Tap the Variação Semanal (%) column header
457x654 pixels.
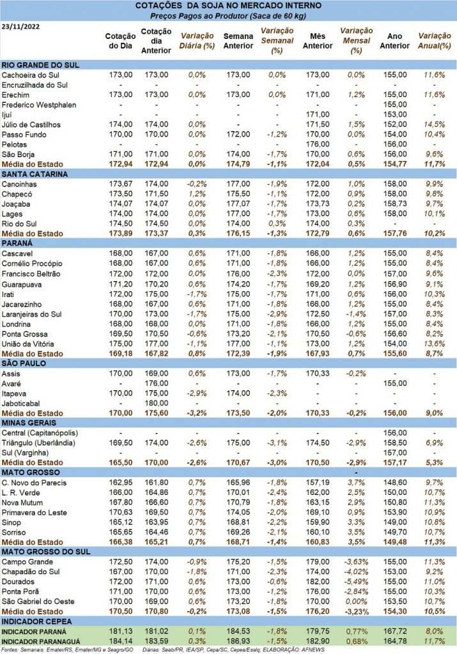coord(276,41)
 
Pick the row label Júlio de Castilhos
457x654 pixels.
coord(33,124)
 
